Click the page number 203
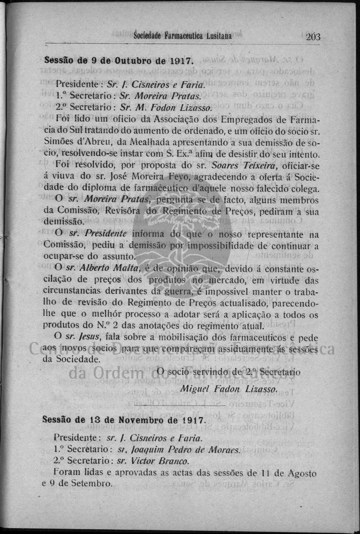pos(313,36)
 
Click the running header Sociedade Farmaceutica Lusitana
pos(182,36)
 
